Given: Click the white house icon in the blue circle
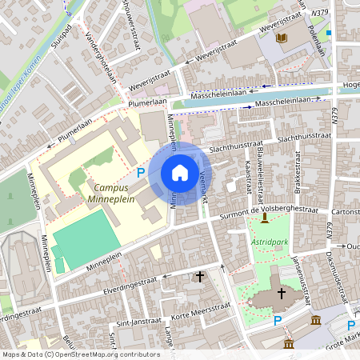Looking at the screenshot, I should (x=180, y=173).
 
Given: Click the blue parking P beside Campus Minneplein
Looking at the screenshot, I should (x=141, y=172).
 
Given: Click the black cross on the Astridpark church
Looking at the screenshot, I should (x=281, y=294).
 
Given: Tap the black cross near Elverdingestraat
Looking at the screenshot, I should (x=199, y=277).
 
